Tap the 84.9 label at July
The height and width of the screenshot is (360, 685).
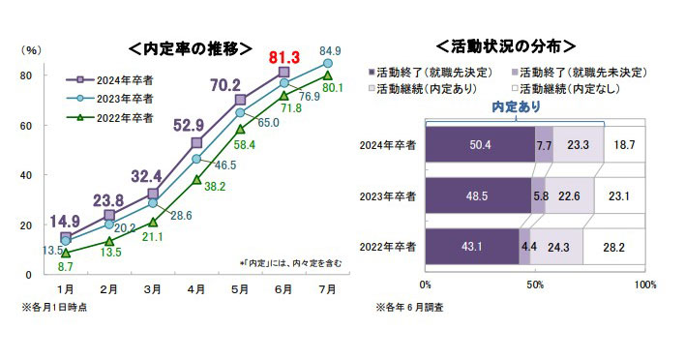pos(329,51)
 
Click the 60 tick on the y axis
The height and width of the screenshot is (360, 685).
pos(28,126)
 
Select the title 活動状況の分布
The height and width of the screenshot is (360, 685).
pos(506,45)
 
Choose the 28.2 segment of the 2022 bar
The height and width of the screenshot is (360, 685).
pos(615,246)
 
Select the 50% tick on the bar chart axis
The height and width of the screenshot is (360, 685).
pos(534,285)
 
